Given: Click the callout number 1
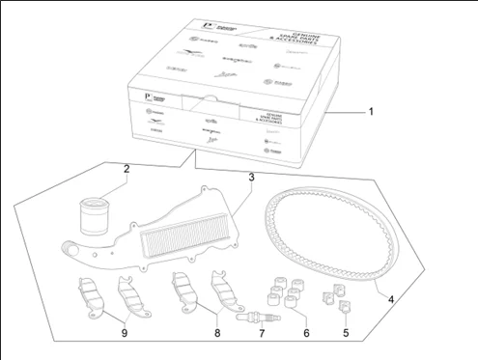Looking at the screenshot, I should click(372, 112).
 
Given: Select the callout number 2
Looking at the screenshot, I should click(127, 170).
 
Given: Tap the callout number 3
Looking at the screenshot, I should click(251, 178).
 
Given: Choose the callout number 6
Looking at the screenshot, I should click(305, 334).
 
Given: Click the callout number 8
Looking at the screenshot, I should click(217, 334).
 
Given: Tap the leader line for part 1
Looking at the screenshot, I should click(348, 113).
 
